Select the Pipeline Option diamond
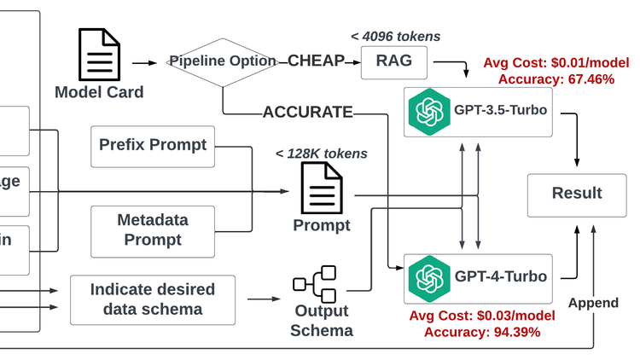pos(223,61)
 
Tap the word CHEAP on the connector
pos(316,61)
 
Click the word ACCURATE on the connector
pos(307,112)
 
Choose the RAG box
pos(395,61)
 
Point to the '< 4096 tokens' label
pos(395,36)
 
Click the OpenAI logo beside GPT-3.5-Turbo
pos(428,112)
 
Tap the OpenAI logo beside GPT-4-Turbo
pos(428,276)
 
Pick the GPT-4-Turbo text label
pos(500,276)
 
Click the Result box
pos(577,194)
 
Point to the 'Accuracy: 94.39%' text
pos(482,332)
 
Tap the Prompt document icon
pos(322,189)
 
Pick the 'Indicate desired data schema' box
pos(153,299)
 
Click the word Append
pos(592,303)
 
